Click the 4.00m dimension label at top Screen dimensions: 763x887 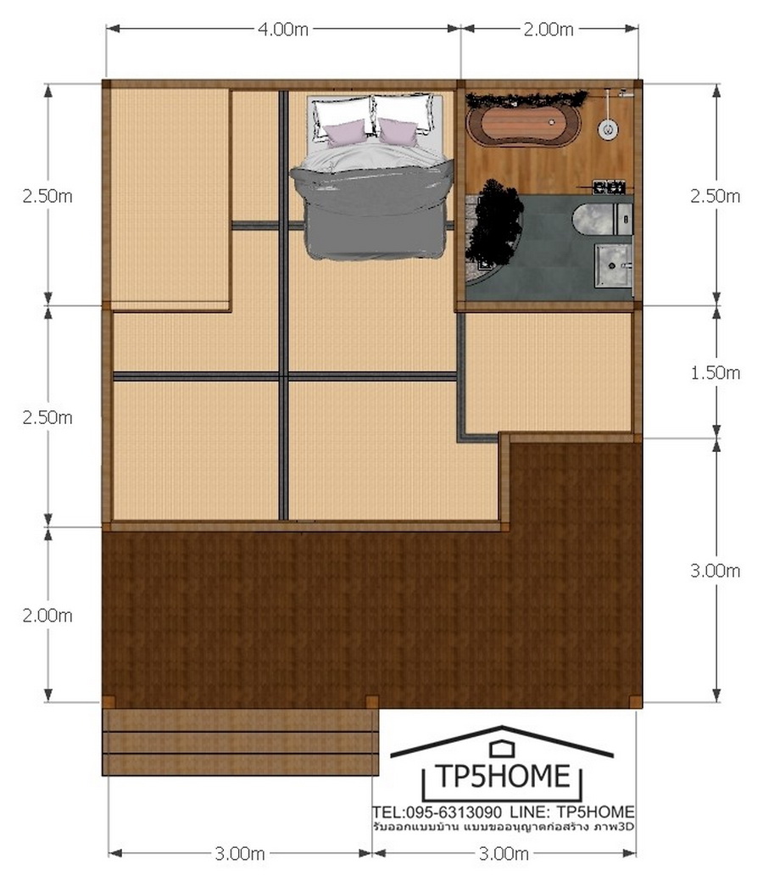coord(283,30)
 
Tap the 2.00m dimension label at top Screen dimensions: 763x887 coord(548,30)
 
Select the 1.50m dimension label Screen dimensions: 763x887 coord(715,373)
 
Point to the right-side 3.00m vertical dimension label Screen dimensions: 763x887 coord(715,571)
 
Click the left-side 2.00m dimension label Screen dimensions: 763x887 coord(47,616)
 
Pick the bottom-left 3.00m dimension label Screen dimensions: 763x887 coord(240,853)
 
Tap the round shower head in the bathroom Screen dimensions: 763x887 coord(608,129)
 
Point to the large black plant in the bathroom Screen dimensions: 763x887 coord(497,222)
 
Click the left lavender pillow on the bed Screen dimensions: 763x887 coord(346,133)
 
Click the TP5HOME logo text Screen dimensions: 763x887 coord(502,776)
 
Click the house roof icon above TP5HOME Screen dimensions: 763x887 coord(502,742)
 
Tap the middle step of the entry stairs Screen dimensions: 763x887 coord(241,742)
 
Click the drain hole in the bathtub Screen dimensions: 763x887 coord(552,121)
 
